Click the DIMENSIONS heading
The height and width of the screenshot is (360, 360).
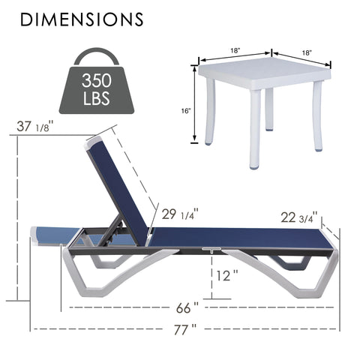[x=82, y=19]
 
